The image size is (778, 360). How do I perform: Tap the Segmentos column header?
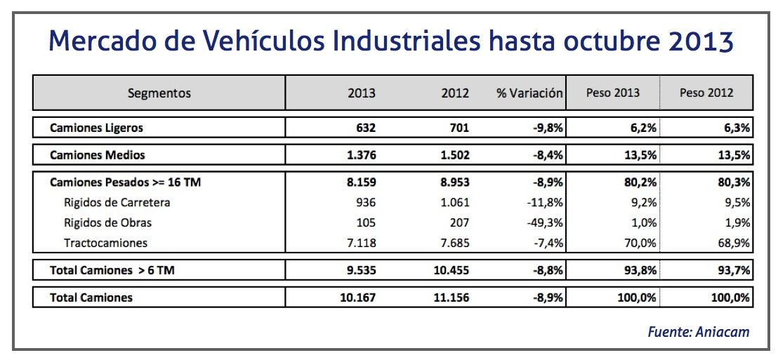[x=159, y=93]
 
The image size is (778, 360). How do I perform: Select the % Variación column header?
[x=529, y=93]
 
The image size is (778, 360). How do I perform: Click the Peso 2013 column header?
[x=613, y=93]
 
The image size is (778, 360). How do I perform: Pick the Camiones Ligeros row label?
[x=96, y=128]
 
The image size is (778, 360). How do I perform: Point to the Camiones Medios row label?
[x=98, y=154]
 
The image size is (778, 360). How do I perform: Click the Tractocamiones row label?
[x=105, y=243]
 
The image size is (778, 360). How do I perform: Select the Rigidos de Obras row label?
[x=107, y=222]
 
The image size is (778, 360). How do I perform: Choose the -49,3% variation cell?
[x=545, y=222]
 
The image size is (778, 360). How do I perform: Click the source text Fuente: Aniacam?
[x=699, y=332]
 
